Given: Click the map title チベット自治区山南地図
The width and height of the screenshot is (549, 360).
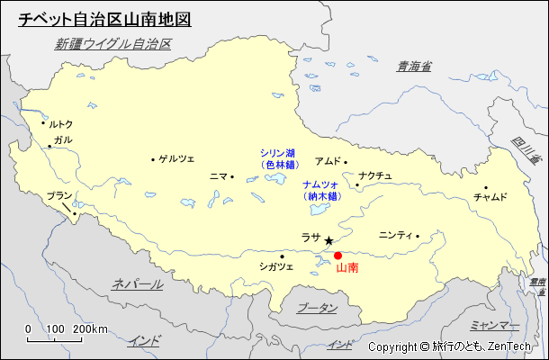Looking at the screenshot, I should point(104,18).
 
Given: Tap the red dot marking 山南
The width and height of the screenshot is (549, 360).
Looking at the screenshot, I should point(337,256).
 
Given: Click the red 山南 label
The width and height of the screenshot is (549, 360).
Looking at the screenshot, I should point(346,268).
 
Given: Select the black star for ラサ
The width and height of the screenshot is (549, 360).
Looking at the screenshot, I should point(329,241).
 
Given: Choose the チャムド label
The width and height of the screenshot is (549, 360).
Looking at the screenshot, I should point(490,197).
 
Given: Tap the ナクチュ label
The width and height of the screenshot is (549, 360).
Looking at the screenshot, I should point(375,175).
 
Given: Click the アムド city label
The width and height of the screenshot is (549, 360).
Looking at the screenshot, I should point(328,161).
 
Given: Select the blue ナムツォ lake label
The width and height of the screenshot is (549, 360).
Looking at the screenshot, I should point(320,184).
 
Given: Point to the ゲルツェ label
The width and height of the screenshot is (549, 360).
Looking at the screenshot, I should point(176,159).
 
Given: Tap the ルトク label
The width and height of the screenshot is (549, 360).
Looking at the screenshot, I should point(60,124).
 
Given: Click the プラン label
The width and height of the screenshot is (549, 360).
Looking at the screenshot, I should point(59,195).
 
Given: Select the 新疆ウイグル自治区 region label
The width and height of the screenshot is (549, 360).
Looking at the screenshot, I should point(112,43).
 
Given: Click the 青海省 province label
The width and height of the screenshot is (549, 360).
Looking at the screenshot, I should point(414,66).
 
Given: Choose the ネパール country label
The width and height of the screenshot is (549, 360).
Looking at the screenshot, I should point(138,283).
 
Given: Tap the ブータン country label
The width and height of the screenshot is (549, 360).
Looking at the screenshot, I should point(317,308).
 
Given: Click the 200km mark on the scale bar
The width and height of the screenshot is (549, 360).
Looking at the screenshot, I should point(90,329).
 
